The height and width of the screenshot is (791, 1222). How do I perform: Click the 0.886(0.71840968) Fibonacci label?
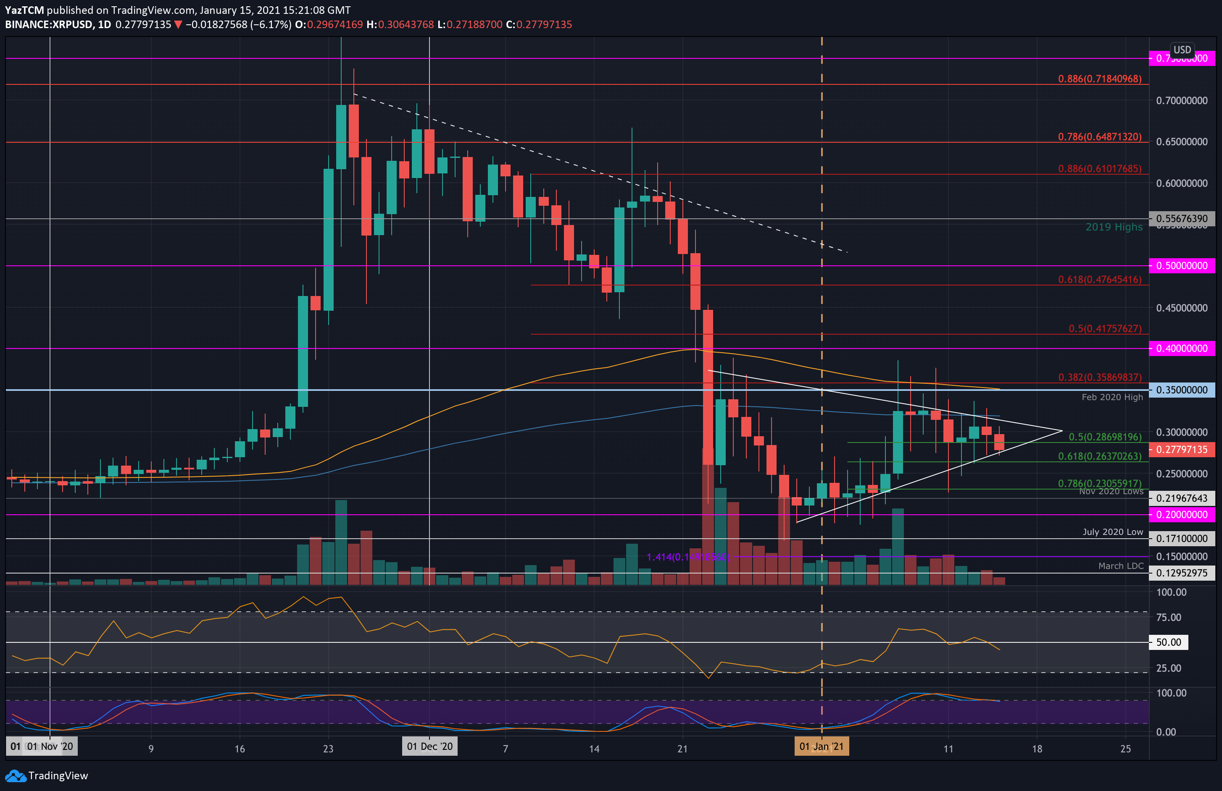click(1099, 79)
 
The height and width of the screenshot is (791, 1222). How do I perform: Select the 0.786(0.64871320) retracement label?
click(1099, 137)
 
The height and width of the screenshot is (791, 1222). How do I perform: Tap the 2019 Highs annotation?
click(1114, 227)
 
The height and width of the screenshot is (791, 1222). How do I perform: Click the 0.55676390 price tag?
click(1181, 218)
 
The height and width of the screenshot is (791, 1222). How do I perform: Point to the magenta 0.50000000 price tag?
click(1181, 266)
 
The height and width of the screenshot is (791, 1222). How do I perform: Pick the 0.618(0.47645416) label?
click(1099, 280)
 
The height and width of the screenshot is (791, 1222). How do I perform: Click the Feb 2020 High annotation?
click(1112, 397)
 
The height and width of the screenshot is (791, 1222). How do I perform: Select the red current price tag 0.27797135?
click(1181, 450)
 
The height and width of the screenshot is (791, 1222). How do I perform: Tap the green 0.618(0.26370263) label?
click(1099, 456)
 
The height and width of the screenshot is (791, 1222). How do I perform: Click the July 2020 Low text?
click(1113, 532)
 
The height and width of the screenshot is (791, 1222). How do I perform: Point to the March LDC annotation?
click(1120, 566)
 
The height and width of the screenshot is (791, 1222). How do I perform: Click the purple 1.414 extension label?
click(687, 557)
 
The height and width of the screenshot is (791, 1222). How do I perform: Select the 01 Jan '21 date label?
click(821, 747)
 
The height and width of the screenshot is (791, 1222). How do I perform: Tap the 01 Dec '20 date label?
click(430, 747)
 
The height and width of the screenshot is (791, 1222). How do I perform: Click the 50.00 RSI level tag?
click(1168, 642)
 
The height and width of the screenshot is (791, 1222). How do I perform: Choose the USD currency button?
click(1182, 50)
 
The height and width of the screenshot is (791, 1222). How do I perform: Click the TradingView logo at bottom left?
click(47, 775)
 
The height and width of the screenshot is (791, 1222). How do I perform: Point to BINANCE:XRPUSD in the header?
click(49, 25)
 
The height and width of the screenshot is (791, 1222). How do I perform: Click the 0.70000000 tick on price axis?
click(1181, 100)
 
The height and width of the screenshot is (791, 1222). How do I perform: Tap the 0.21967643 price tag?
click(1181, 498)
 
